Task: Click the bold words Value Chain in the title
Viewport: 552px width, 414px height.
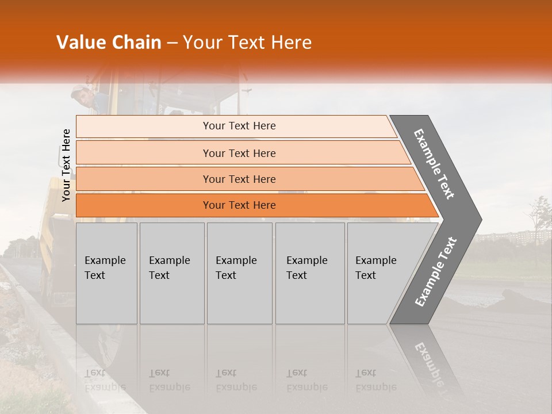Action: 109,43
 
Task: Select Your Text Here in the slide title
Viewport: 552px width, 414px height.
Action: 247,43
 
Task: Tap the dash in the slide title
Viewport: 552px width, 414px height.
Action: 172,43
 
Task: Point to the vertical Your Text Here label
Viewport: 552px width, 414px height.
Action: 66,165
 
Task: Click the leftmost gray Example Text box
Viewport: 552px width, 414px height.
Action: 106,273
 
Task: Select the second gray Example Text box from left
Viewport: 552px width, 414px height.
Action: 172,273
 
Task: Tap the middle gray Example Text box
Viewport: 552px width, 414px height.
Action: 239,273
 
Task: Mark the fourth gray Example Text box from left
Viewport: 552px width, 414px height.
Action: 310,273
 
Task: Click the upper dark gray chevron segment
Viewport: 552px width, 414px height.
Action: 437,164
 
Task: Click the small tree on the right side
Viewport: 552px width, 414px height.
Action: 539,216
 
